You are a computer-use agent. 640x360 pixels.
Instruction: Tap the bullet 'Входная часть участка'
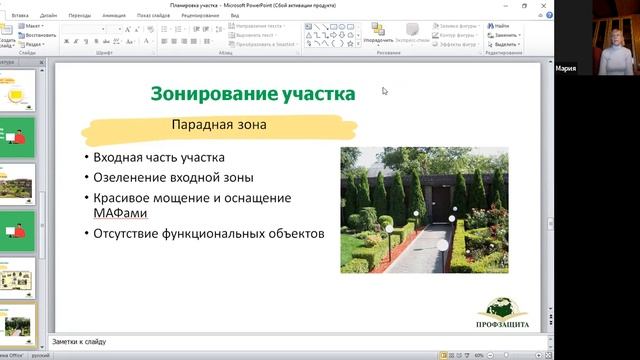click(x=159, y=158)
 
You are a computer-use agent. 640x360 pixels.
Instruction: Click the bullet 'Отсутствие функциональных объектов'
click(x=208, y=235)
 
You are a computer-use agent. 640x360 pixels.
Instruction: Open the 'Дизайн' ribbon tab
click(x=49, y=16)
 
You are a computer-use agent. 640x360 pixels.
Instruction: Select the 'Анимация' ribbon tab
click(x=114, y=16)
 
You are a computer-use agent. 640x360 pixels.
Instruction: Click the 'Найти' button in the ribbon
click(x=501, y=26)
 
